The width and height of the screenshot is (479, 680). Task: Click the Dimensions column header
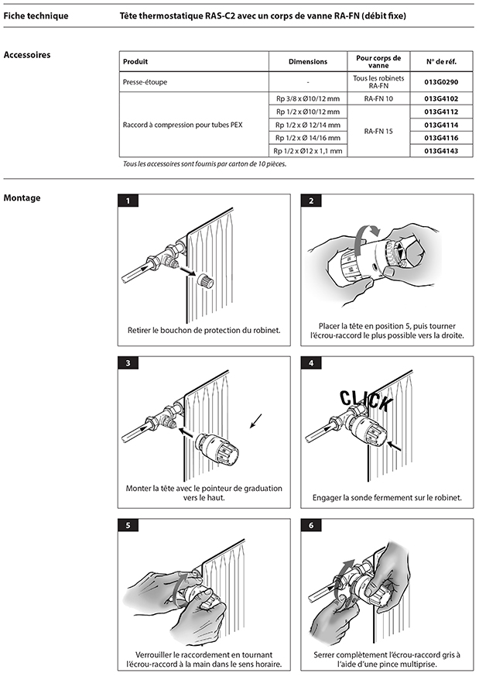click(x=307, y=61)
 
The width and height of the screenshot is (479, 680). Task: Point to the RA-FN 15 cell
click(x=378, y=131)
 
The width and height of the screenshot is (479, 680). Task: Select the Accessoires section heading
click(x=27, y=55)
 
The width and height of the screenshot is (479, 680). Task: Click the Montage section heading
click(x=22, y=197)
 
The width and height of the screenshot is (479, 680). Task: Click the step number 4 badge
click(x=310, y=362)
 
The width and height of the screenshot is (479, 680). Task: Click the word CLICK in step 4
click(x=366, y=400)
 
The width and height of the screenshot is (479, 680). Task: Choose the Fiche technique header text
click(x=36, y=15)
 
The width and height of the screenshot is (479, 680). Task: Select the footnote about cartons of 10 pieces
click(x=200, y=164)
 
